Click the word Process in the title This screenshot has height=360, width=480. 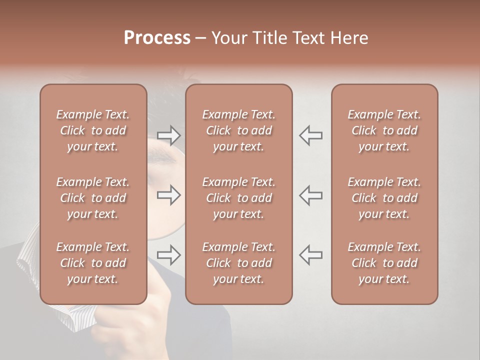coord(157,38)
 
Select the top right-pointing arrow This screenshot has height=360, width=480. coord(168,135)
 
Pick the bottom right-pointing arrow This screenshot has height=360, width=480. coord(168,255)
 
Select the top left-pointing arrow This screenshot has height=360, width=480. coord(311,135)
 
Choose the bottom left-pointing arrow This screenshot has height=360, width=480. coord(311,255)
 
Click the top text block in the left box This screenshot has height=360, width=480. coord(93,130)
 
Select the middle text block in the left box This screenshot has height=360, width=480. coord(93,198)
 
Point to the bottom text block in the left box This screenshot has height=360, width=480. coord(93,263)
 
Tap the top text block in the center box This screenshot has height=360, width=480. coord(238,130)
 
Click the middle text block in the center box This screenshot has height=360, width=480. coord(238,198)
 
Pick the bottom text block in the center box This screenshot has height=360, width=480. coord(238,263)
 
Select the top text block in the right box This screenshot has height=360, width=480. coord(384,130)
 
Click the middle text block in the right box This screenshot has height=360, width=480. coord(384,198)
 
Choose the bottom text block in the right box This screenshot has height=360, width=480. coord(384,263)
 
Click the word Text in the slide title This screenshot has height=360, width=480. coord(307,38)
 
